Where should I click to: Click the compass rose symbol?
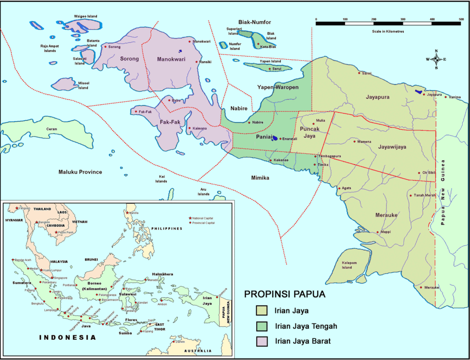tap(436, 59)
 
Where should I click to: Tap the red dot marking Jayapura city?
tap(424, 95)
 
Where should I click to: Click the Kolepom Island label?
tap(350, 265)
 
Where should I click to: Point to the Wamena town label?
tap(364, 141)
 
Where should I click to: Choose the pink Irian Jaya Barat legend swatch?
tap(262, 341)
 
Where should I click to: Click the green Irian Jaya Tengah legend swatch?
tap(262, 326)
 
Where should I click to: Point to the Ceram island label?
tap(51, 129)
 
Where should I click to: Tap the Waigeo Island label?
tap(85, 17)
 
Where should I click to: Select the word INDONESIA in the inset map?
tap(67, 337)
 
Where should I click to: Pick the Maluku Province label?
tap(80, 172)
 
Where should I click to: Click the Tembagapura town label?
tap(330, 156)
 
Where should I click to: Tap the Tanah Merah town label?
tap(425, 196)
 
